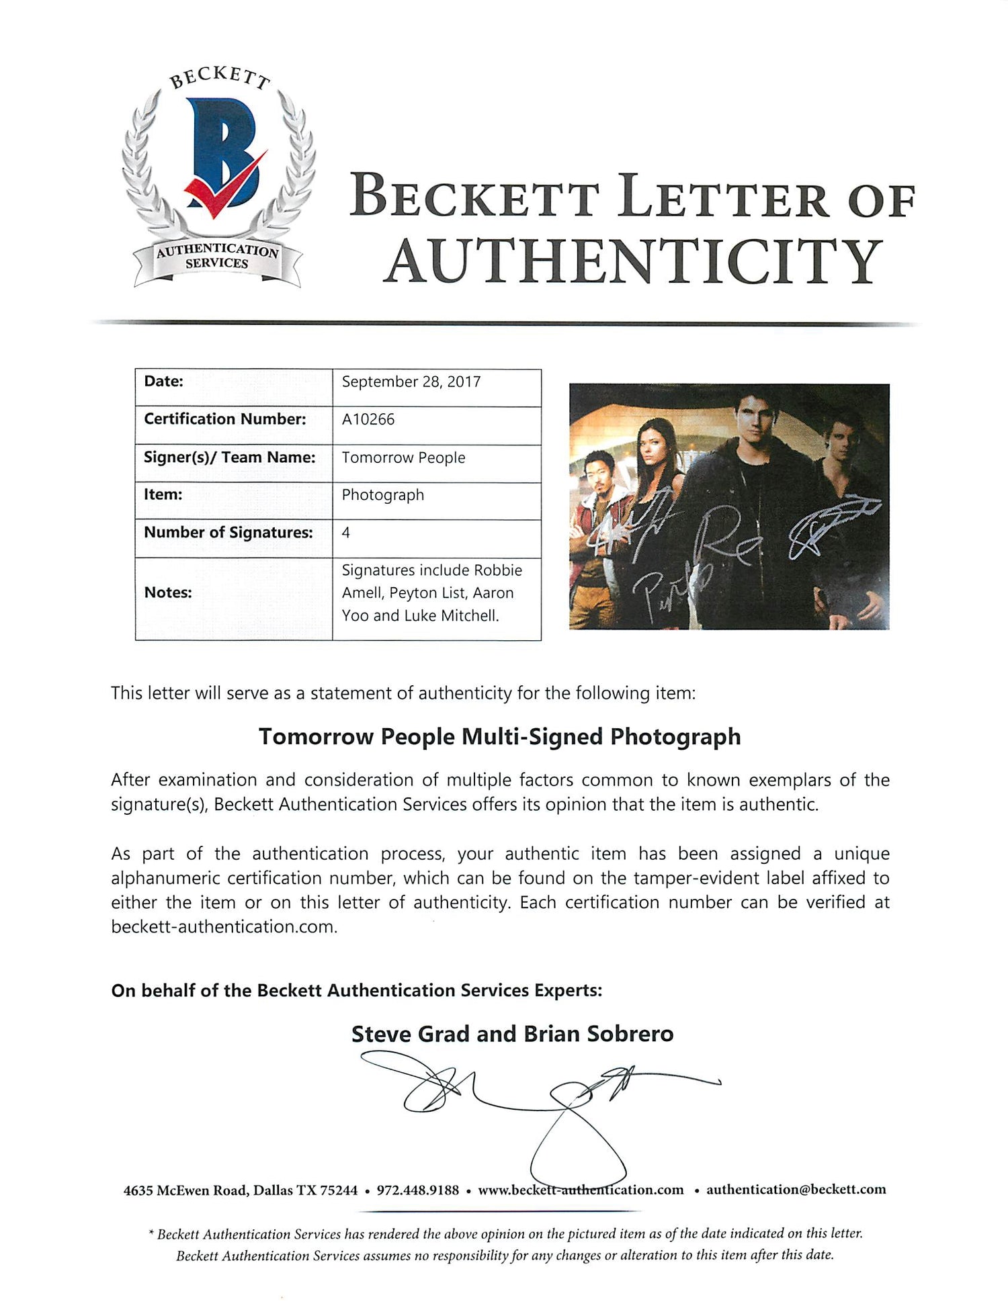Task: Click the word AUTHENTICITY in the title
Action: pyautogui.click(x=633, y=262)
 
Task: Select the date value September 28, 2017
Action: pyautogui.click(x=411, y=382)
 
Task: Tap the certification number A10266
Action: pyautogui.click(x=368, y=420)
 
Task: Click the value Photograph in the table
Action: pyautogui.click(x=383, y=496)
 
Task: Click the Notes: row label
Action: pyautogui.click(x=168, y=593)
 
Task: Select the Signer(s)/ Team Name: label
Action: pyautogui.click(x=229, y=457)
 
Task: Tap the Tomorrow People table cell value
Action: pyautogui.click(x=403, y=458)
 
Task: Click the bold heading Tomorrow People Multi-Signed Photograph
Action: pyautogui.click(x=500, y=737)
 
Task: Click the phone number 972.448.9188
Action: pyautogui.click(x=417, y=1190)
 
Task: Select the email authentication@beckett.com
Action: pyautogui.click(x=796, y=1190)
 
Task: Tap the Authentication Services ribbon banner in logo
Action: pyautogui.click(x=216, y=257)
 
